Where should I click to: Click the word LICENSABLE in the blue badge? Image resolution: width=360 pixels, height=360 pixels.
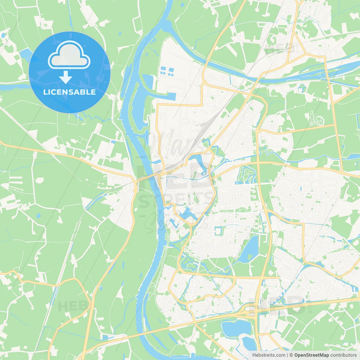[69, 92]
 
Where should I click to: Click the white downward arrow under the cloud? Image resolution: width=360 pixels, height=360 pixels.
[66, 77]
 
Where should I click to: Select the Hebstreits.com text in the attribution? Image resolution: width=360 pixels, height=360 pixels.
[269, 355]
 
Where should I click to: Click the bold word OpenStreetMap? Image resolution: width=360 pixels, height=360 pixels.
[312, 355]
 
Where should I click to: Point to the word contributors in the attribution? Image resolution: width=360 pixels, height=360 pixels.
[343, 355]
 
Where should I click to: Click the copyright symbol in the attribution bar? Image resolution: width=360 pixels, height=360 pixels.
[291, 355]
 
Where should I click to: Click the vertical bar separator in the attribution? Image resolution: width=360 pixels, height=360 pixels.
[287, 355]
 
